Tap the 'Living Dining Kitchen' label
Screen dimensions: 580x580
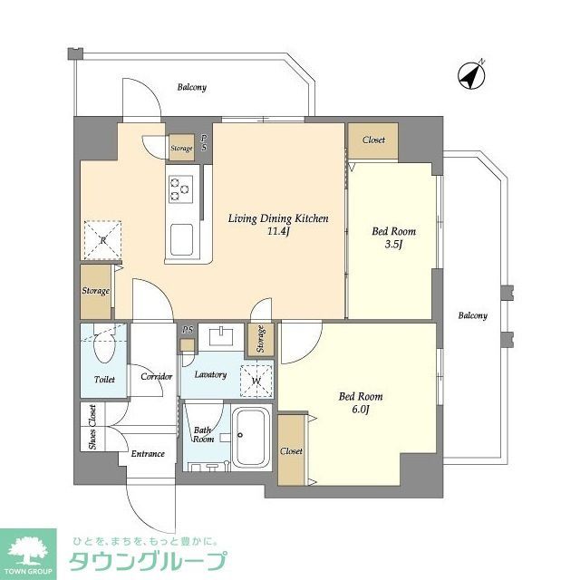pyautogui.click(x=277, y=218)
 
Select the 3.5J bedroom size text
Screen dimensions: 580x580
pyautogui.click(x=393, y=244)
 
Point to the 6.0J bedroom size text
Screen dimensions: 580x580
pyautogui.click(x=360, y=409)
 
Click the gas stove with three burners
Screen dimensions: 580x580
pyautogui.click(x=179, y=188)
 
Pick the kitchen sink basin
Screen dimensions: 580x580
pyautogui.click(x=181, y=239)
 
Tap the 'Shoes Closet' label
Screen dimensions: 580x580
pyautogui.click(x=92, y=427)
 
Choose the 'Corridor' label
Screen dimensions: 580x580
pyautogui.click(x=156, y=376)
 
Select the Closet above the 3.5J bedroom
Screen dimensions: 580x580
pyautogui.click(x=372, y=140)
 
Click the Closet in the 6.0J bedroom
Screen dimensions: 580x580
pyautogui.click(x=292, y=450)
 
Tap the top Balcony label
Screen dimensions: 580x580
pyautogui.click(x=191, y=88)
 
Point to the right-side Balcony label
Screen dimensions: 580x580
pyautogui.click(x=471, y=315)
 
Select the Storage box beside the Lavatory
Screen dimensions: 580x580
pyautogui.click(x=260, y=339)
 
